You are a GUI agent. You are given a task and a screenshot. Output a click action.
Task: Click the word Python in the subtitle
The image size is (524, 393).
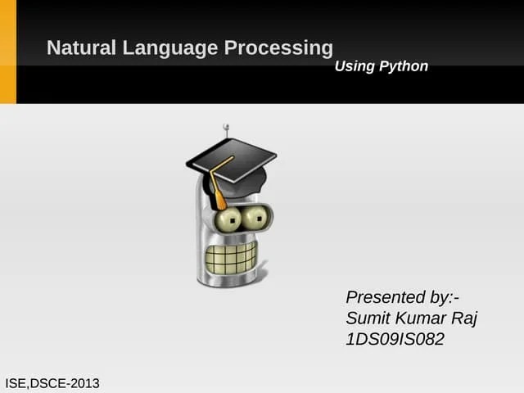pyautogui.click(x=404, y=66)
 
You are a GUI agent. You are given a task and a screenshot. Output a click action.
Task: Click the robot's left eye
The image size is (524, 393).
pyautogui.click(x=230, y=219)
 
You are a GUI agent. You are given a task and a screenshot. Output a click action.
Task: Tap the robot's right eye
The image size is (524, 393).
pyautogui.click(x=257, y=217)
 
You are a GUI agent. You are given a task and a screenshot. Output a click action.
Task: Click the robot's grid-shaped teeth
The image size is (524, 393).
pyautogui.click(x=230, y=257)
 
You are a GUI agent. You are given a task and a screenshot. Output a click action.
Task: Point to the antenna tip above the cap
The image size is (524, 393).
pyautogui.click(x=226, y=127)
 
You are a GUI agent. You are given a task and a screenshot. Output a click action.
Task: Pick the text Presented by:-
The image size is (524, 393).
pyautogui.click(x=403, y=296)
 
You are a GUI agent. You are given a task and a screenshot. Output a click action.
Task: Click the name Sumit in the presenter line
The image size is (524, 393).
pyautogui.click(x=368, y=318)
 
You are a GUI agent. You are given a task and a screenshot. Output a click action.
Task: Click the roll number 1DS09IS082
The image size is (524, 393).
pyautogui.click(x=395, y=339)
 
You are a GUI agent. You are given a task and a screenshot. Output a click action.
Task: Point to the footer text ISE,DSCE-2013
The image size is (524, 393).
pyautogui.click(x=52, y=382)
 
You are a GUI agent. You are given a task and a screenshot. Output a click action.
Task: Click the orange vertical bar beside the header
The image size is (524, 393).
pyautogui.click(x=7, y=52)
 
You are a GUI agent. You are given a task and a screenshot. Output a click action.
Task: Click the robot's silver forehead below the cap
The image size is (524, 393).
pyautogui.click(x=203, y=196)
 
